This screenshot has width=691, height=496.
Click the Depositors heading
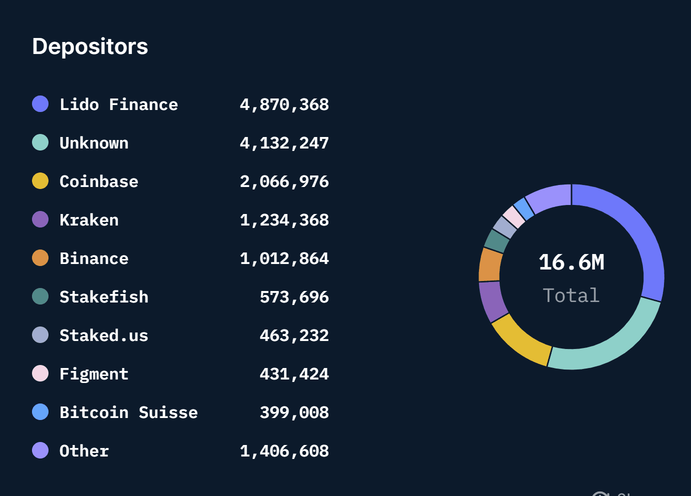pyautogui.click(x=90, y=46)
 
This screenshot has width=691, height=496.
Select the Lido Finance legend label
pyautogui.click(x=118, y=104)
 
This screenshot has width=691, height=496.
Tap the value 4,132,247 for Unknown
pyautogui.click(x=284, y=143)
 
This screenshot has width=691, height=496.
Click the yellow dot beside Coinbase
pyautogui.click(x=40, y=181)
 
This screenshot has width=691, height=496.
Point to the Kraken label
pyautogui.click(x=89, y=220)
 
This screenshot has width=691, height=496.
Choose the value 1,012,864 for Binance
pyautogui.click(x=284, y=258)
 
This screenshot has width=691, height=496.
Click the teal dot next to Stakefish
pyautogui.click(x=40, y=296)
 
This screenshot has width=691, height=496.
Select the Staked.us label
pyautogui.click(x=103, y=335)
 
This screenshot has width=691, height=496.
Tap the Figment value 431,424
pyautogui.click(x=294, y=374)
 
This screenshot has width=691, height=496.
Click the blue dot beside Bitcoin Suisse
pyautogui.click(x=40, y=412)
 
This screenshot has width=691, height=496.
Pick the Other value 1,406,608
pyautogui.click(x=284, y=451)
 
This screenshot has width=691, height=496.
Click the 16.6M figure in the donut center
pyautogui.click(x=571, y=262)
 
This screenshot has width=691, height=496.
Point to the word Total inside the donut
pyautogui.click(x=571, y=295)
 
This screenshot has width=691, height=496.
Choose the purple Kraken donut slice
pyautogui.click(x=492, y=301)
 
